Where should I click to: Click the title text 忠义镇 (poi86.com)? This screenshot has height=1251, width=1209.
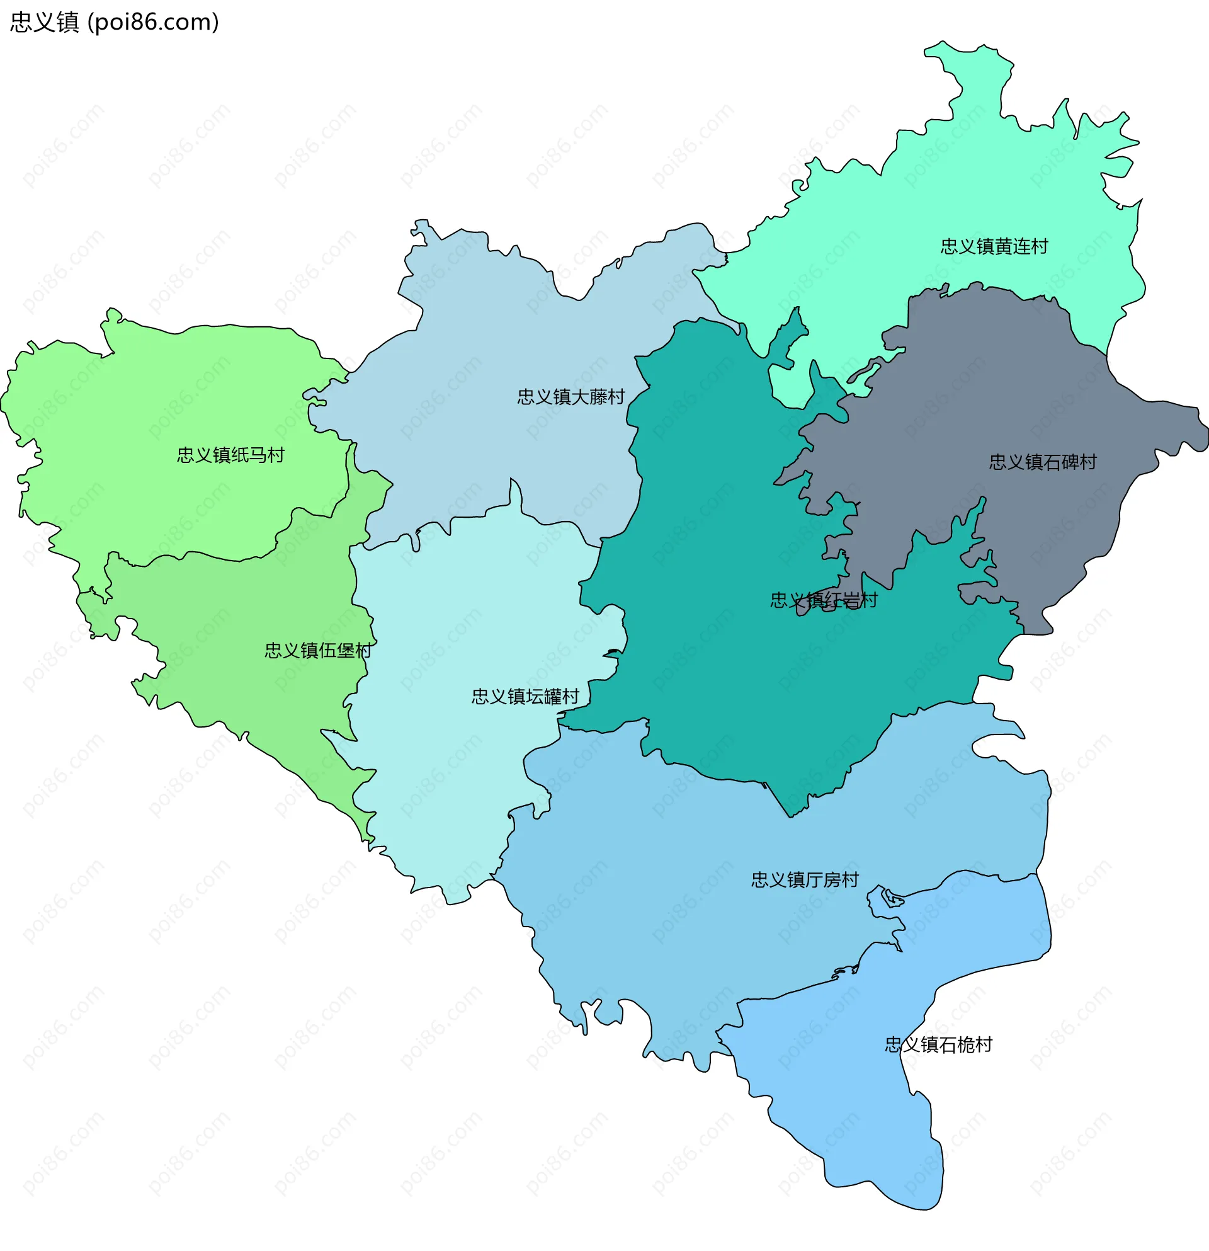[115, 22]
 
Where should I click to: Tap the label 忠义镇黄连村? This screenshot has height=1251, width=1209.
[994, 246]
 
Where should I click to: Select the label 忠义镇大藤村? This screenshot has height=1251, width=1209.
[570, 397]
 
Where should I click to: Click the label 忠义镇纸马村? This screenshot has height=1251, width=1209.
[230, 455]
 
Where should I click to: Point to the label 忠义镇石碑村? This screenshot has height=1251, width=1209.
[1043, 462]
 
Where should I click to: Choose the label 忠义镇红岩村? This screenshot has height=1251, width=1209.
[824, 600]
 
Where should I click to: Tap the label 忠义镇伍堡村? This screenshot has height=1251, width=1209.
[318, 651]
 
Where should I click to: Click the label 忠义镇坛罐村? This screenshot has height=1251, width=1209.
[525, 696]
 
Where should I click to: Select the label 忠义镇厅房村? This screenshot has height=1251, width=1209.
[805, 879]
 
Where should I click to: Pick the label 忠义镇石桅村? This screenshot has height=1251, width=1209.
[938, 1044]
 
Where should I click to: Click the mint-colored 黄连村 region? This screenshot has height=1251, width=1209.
[957, 191]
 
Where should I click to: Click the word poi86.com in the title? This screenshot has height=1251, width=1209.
[153, 22]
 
